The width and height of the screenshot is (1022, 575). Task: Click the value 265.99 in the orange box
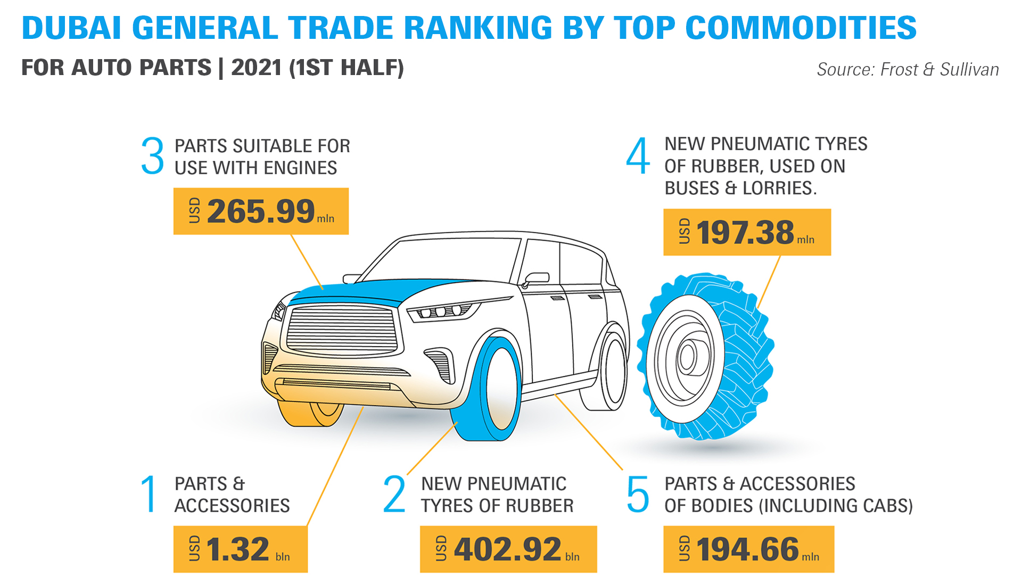(261, 211)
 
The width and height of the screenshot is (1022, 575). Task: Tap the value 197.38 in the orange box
(745, 233)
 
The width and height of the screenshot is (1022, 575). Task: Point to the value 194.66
(748, 549)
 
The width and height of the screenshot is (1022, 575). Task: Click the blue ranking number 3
(153, 155)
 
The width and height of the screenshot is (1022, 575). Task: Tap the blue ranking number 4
(638, 155)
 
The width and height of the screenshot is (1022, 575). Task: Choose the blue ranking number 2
(394, 494)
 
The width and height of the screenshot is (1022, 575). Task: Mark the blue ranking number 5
(638, 494)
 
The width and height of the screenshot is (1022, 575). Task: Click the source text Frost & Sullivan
(939, 69)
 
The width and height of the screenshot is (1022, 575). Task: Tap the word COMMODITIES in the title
(801, 28)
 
